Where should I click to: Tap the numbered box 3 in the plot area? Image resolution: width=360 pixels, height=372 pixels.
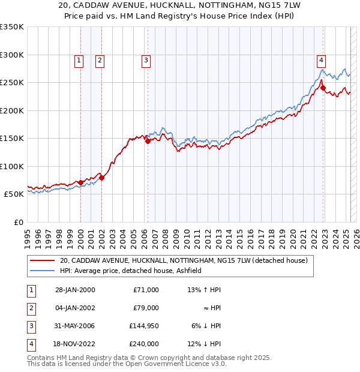[146, 60]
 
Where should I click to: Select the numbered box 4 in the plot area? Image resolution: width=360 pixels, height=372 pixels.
[322, 60]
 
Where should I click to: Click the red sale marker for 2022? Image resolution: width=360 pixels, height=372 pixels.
[323, 88]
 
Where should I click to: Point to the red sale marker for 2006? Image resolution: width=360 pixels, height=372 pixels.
[148, 141]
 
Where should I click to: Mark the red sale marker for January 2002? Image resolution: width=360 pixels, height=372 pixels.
[101, 178]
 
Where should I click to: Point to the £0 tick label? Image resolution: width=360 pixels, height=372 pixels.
[17, 222]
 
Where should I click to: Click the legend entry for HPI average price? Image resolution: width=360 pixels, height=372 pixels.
[130, 271]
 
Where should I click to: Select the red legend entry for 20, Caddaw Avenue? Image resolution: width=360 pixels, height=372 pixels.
[184, 260]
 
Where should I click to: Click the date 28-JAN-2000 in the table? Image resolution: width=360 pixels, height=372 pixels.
[75, 290]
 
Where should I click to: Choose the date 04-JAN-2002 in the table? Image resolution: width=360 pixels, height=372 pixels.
[75, 308]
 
